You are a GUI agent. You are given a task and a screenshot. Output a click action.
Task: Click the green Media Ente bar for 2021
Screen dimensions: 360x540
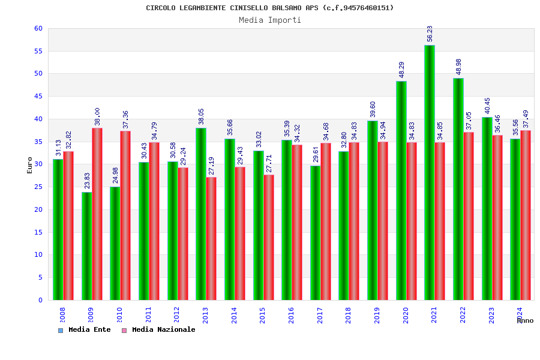point(430,173)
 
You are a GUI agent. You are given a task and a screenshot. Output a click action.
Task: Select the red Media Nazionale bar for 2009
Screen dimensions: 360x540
point(97,214)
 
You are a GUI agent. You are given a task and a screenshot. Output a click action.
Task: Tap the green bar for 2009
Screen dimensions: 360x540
point(87,246)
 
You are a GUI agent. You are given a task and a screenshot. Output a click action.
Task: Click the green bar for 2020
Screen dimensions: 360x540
point(401,191)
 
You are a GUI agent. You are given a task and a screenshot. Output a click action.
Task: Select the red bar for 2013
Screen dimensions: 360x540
point(212,239)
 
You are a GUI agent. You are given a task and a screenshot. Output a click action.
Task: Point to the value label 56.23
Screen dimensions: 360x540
point(430,34)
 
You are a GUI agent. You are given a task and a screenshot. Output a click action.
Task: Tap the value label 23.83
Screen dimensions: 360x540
point(88,180)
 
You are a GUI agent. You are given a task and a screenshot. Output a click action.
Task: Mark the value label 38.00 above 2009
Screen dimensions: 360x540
point(98,116)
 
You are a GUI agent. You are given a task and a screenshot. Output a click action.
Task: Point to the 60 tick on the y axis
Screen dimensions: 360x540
point(38,28)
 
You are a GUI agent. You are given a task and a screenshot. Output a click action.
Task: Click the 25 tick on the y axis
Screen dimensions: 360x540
point(38,187)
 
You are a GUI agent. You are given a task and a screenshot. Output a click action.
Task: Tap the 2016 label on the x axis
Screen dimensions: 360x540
point(291,316)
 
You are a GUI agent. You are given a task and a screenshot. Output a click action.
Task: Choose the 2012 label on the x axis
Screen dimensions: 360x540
point(176,316)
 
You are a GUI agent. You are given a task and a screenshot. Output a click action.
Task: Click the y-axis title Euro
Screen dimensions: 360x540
point(30,165)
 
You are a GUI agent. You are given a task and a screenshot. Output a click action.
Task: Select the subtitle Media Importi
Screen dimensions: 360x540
point(270,20)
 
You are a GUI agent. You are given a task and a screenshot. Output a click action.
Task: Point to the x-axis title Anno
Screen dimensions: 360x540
point(525,321)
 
